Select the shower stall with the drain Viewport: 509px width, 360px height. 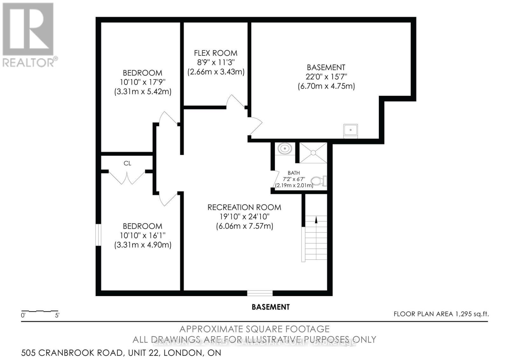(313, 153)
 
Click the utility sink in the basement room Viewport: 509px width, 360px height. (351, 131)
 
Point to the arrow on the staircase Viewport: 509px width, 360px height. (316, 220)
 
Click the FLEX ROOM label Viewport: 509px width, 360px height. (216, 53)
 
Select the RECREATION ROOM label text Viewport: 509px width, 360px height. (244, 207)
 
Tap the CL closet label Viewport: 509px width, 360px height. (127, 163)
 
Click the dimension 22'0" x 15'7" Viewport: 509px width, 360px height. (326, 77)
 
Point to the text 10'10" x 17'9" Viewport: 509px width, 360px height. (143, 82)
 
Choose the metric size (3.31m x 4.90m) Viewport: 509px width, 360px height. (143, 245)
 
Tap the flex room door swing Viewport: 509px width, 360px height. (234, 101)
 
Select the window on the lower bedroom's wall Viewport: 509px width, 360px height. (99, 235)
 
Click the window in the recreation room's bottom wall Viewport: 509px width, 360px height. (260, 293)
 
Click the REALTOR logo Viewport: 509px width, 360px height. (29, 35)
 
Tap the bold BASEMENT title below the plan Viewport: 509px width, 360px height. (270, 307)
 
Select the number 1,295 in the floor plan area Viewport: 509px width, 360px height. (463, 314)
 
